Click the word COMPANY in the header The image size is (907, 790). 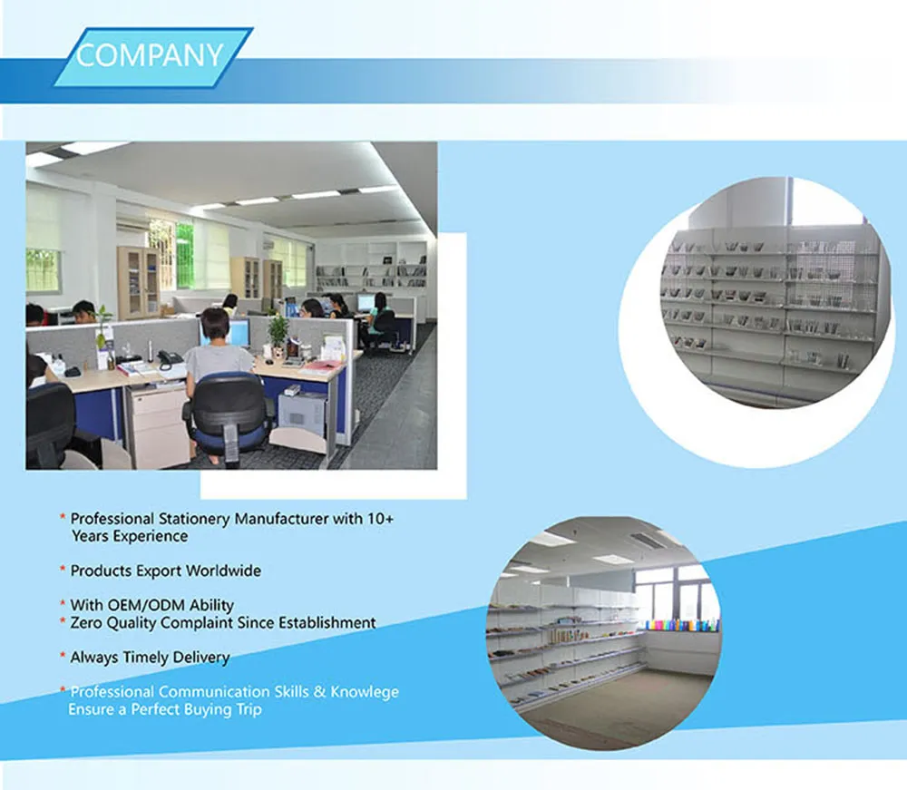[150, 55]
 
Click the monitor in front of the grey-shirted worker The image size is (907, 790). [238, 333]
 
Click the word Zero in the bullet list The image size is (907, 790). [87, 622]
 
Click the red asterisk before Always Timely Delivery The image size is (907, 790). [63, 656]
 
